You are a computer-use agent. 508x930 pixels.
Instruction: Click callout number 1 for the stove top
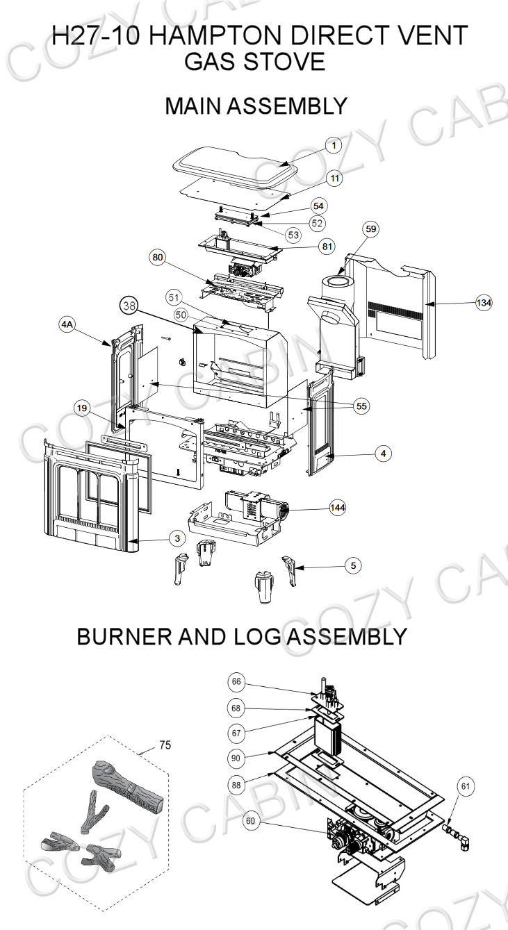[x=334, y=146]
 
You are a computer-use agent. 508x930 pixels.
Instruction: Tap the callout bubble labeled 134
[x=484, y=303]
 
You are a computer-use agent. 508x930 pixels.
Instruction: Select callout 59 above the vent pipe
[x=371, y=229]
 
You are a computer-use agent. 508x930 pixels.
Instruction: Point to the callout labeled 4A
[x=67, y=325]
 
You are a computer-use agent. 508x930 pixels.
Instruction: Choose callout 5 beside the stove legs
[x=353, y=566]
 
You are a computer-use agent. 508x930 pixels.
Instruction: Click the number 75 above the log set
[x=165, y=745]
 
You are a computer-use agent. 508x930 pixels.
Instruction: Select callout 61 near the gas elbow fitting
[x=466, y=786]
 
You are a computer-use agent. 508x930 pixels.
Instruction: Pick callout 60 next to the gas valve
[x=250, y=821]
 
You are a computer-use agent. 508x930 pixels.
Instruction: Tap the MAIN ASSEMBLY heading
[x=255, y=106]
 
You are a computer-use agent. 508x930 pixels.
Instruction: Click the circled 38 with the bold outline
[x=129, y=306]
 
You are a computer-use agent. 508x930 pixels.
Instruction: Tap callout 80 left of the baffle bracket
[x=158, y=258]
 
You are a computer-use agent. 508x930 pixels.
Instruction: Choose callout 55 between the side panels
[x=361, y=406]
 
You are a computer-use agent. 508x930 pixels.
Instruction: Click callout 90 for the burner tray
[x=237, y=757]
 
